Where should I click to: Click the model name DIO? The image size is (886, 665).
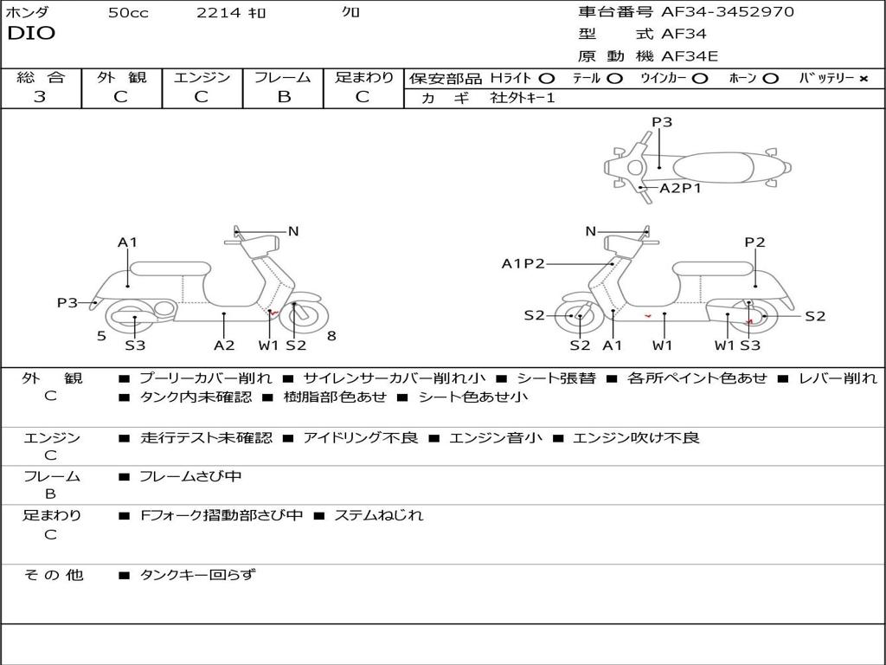click(x=31, y=34)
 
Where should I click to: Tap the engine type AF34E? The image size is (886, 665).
click(x=690, y=56)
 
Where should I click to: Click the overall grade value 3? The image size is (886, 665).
click(x=40, y=97)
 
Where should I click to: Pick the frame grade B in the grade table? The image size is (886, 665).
click(x=283, y=97)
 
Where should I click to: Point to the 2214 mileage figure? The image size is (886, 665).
click(x=219, y=13)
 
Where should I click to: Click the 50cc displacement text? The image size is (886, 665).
click(x=128, y=13)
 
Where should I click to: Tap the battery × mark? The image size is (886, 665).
click(x=863, y=78)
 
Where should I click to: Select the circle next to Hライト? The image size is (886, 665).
click(x=547, y=78)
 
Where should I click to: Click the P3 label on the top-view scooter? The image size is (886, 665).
click(x=662, y=122)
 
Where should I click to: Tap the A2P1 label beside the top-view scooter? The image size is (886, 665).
click(x=680, y=188)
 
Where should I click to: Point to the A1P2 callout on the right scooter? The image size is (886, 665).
click(x=523, y=264)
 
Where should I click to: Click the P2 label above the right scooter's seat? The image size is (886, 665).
click(x=755, y=242)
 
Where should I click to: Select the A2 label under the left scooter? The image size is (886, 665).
click(x=224, y=345)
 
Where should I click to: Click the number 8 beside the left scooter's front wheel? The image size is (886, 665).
click(x=331, y=335)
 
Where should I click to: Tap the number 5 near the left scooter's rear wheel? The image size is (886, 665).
click(x=101, y=335)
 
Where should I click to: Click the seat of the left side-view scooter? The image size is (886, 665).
click(x=169, y=268)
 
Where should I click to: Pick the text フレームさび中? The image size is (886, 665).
click(x=190, y=476)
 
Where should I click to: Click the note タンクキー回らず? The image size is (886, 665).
click(x=197, y=574)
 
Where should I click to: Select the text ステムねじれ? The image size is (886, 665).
click(x=378, y=515)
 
